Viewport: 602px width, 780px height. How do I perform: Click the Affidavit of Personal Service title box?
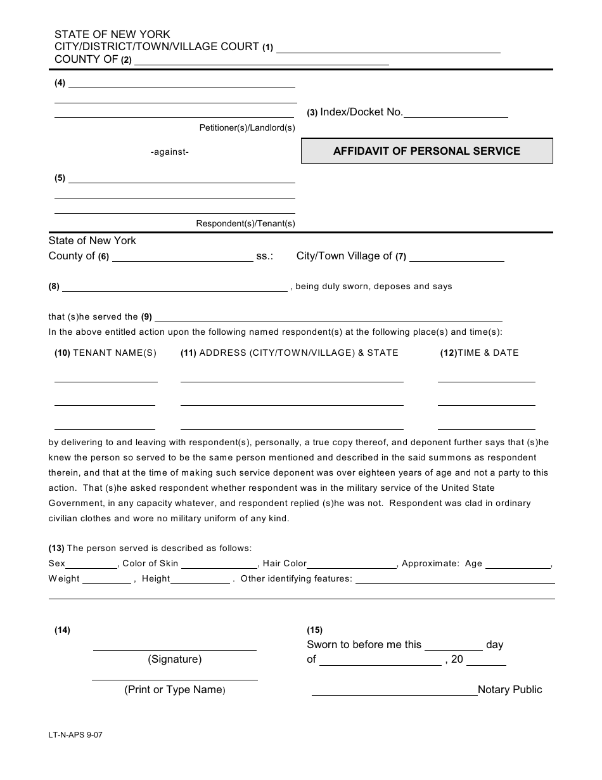[x=426, y=151]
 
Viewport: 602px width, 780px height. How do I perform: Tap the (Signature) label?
[x=175, y=660]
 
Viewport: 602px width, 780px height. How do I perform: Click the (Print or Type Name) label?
[x=175, y=690]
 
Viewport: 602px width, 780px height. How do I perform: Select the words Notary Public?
[x=509, y=690]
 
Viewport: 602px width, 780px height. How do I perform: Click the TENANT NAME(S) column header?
[x=105, y=353]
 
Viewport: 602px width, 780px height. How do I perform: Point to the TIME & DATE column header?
[x=480, y=353]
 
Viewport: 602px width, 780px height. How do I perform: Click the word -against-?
[x=170, y=152]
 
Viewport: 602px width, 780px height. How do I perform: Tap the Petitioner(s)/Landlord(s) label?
[x=247, y=128]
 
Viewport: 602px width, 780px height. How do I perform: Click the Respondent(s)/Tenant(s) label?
[x=245, y=224]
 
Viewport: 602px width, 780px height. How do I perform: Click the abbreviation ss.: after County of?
[x=264, y=257]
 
